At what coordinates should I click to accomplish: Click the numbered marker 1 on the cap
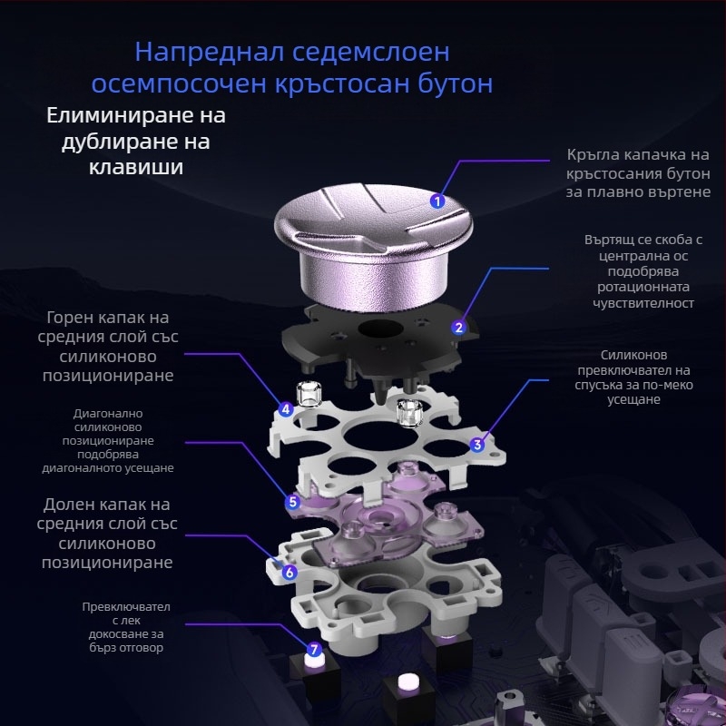437,201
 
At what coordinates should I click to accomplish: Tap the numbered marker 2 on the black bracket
459,327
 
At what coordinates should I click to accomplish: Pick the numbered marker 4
286,409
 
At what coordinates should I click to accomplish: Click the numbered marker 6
289,573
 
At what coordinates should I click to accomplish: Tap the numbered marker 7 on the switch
314,650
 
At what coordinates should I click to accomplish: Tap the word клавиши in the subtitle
135,168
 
